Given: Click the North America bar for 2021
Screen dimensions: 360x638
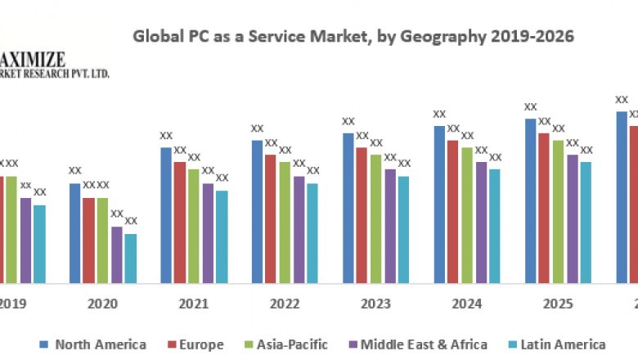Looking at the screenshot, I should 166,214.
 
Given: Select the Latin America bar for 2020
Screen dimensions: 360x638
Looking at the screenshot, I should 131,258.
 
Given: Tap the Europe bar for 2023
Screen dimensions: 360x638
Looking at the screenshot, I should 362,214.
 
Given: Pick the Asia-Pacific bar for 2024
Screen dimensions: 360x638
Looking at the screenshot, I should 467,214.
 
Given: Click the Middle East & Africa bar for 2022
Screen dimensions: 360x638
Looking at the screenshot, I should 299,229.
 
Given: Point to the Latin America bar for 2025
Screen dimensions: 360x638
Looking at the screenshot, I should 586,222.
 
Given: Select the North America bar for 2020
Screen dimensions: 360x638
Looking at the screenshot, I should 75,232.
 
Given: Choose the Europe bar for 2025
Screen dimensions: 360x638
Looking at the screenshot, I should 544,207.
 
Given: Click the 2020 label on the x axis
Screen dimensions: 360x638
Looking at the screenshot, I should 102,304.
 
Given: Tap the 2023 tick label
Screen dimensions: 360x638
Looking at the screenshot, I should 375,304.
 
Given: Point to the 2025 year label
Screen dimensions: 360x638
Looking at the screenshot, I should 557,304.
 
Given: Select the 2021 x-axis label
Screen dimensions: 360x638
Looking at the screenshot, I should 193,304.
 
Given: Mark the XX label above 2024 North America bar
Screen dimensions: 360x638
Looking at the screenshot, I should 439,115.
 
